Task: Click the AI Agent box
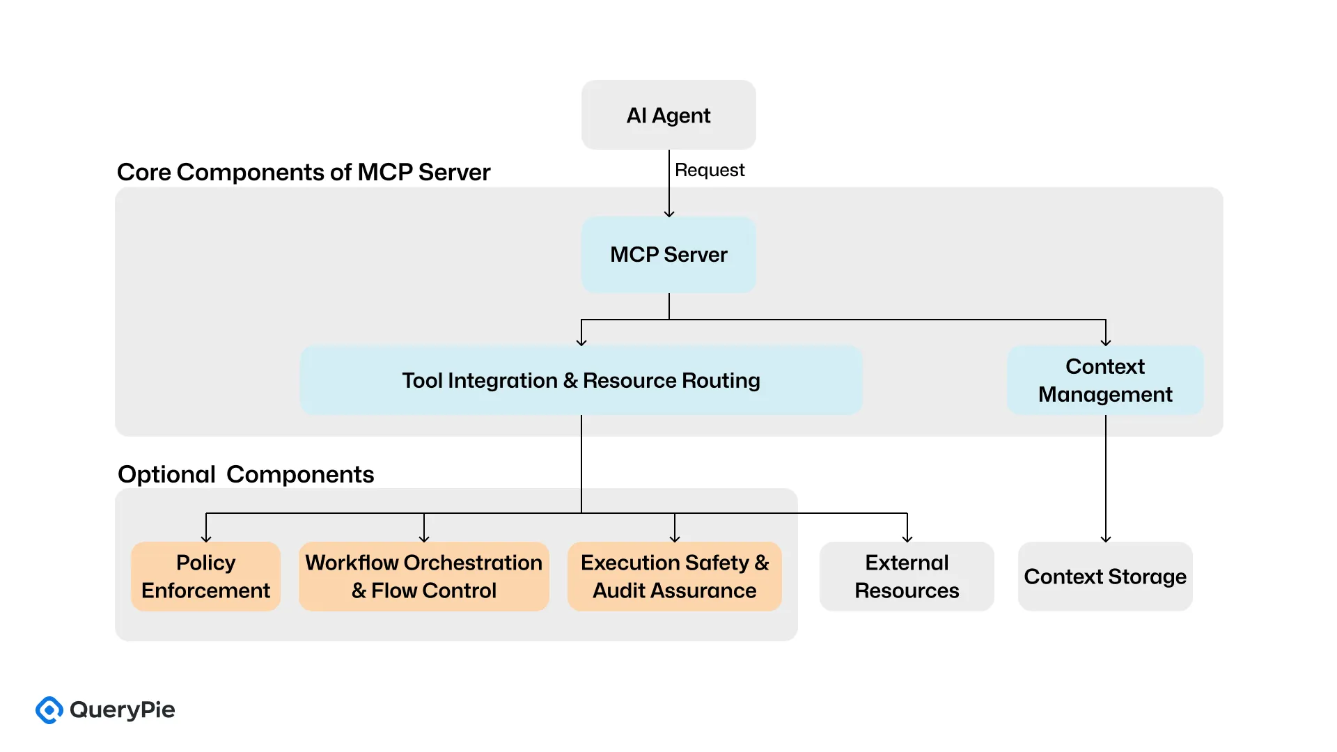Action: (x=668, y=115)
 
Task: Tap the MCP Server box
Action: (x=668, y=254)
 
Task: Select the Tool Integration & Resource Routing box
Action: (x=581, y=380)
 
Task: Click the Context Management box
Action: (x=1105, y=380)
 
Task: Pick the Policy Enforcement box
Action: (x=205, y=577)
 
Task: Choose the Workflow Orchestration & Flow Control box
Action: (x=423, y=577)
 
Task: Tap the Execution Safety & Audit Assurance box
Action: (x=674, y=577)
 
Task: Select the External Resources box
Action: (x=907, y=577)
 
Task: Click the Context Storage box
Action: (x=1105, y=577)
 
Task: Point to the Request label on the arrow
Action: (x=710, y=170)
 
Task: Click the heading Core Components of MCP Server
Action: (x=304, y=172)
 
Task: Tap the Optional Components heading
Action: (x=246, y=474)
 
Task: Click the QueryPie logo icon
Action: (x=49, y=710)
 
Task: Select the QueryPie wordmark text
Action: (x=123, y=710)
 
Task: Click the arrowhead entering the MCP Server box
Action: (x=669, y=213)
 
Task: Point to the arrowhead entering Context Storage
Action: (x=1106, y=538)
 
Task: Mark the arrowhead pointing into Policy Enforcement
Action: (x=206, y=538)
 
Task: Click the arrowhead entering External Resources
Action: (x=907, y=538)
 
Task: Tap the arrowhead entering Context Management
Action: (x=1106, y=342)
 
